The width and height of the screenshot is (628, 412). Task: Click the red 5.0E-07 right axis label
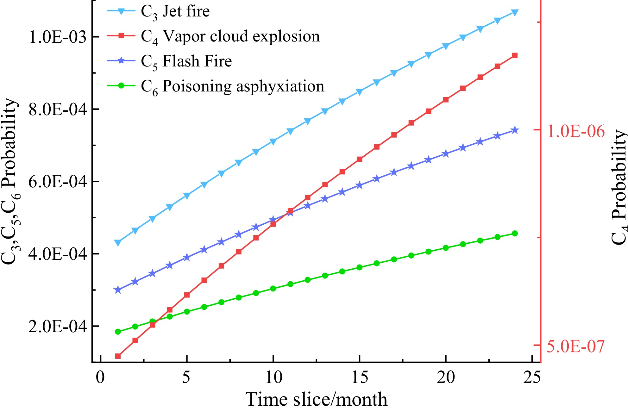click(x=575, y=346)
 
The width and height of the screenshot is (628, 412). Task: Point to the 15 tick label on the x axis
click(x=360, y=378)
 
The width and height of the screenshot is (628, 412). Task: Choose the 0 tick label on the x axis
click(x=100, y=378)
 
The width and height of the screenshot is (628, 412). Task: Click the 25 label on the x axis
click(x=532, y=378)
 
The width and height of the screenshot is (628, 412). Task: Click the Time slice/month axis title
click(x=316, y=399)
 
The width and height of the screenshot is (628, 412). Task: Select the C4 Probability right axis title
click(x=619, y=187)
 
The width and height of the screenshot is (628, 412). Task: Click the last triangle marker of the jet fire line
click(x=515, y=13)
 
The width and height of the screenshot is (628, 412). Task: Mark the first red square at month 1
click(x=118, y=356)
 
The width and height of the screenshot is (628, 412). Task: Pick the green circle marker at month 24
click(x=515, y=234)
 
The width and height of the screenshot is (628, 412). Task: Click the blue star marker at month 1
click(x=118, y=290)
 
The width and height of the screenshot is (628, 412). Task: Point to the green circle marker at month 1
click(x=118, y=332)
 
